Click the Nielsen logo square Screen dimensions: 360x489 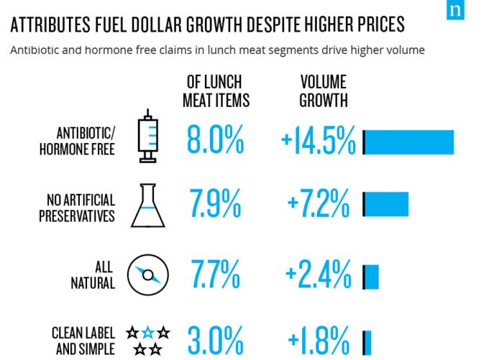pos(455,9)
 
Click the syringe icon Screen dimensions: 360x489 pos(148,136)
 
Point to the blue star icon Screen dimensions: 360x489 pos(148,333)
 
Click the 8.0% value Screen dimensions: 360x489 pos(215,140)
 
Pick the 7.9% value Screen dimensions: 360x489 pos(215,205)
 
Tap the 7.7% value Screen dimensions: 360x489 pos(215,273)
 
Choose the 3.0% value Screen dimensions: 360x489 pos(215,340)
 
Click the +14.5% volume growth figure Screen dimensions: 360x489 pos(319,142)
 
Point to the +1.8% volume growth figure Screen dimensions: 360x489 pos(319,340)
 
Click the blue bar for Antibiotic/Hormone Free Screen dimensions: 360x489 pos(410,142)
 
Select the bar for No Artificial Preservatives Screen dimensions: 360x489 pos(387,204)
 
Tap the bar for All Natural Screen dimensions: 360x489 pos(372,277)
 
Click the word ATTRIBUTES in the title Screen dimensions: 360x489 pos(55,25)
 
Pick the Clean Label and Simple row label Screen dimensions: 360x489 pos(83,341)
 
